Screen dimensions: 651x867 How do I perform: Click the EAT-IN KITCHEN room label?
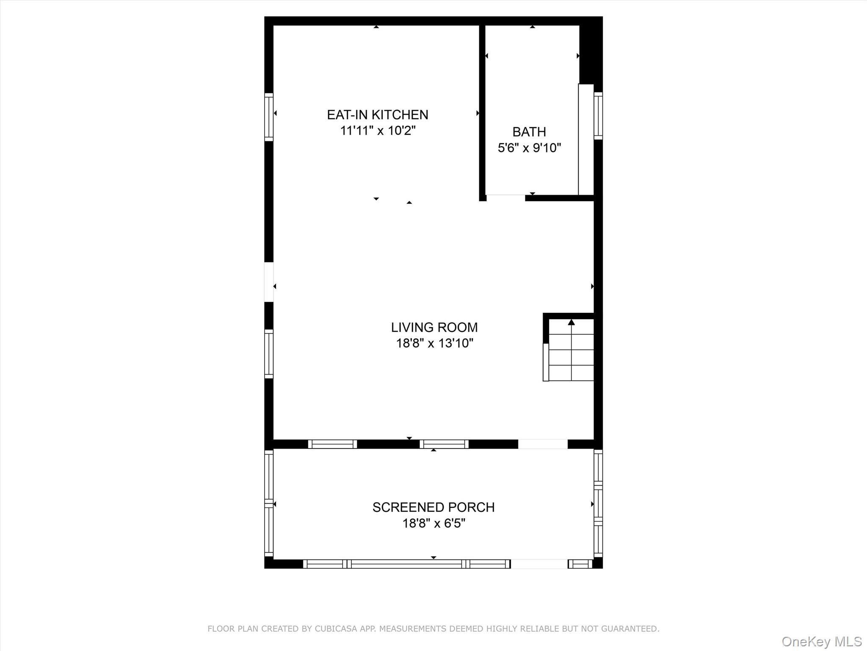tap(377, 115)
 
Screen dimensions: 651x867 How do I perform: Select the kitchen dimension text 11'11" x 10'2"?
tap(378, 131)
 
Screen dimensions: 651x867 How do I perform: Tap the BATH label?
tap(529, 132)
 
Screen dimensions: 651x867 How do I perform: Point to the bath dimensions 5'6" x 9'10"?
tap(529, 148)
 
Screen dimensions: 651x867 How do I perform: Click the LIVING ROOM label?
tap(434, 327)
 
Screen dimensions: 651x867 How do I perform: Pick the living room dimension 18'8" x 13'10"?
tap(434, 343)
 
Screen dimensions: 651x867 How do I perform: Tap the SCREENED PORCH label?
tap(433, 507)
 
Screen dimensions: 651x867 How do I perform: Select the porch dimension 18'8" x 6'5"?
tap(433, 523)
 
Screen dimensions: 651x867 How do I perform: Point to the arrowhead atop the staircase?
tap(571, 323)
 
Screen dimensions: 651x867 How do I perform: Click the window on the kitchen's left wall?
tap(269, 117)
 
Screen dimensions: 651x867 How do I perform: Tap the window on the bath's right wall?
tap(598, 115)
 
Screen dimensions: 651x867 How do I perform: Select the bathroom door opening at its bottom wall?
tap(505, 198)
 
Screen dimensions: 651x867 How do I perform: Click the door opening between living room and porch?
tap(542, 444)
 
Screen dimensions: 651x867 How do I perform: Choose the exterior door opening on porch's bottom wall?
tap(538, 564)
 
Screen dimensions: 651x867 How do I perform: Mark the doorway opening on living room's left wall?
tap(269, 282)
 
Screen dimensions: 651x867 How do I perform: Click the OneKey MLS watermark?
tap(821, 642)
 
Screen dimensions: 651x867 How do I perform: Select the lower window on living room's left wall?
tap(269, 353)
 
